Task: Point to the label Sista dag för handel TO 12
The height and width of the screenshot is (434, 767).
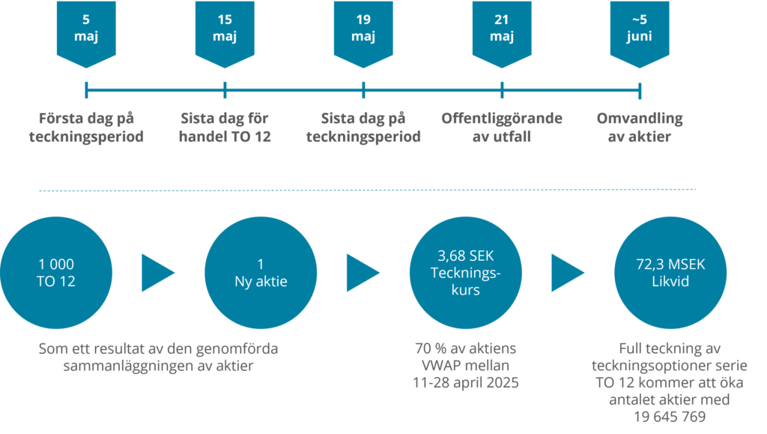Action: pyautogui.click(x=225, y=127)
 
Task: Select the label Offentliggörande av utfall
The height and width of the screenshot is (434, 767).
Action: pyautogui.click(x=502, y=127)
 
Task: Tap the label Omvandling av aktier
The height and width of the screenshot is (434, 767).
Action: pyautogui.click(x=639, y=127)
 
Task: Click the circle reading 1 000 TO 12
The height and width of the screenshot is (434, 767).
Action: pyautogui.click(x=56, y=273)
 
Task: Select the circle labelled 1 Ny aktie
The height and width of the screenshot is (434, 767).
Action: pyautogui.click(x=261, y=273)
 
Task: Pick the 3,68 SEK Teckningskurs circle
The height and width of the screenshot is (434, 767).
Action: pyautogui.click(x=465, y=273)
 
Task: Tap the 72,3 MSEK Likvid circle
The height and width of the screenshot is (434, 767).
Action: pyautogui.click(x=670, y=273)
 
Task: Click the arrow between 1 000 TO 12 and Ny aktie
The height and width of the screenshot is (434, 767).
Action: pyautogui.click(x=157, y=273)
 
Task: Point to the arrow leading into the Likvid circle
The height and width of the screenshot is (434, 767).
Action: pyautogui.click(x=567, y=273)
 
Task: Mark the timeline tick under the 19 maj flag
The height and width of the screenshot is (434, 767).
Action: pyautogui.click(x=363, y=91)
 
